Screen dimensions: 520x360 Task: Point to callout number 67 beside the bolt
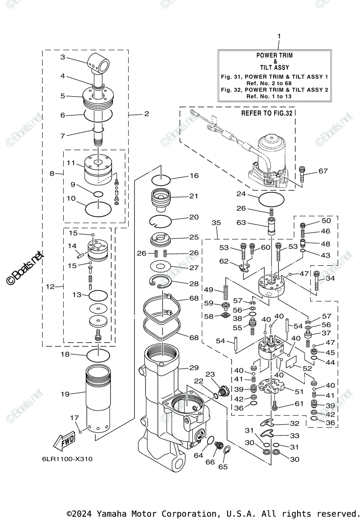tap(323, 171)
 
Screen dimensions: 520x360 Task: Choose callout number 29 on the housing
tap(194, 367)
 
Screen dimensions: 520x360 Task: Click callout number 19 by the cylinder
tap(65, 394)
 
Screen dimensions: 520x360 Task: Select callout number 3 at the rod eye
tap(63, 57)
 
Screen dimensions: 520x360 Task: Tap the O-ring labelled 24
tap(271, 200)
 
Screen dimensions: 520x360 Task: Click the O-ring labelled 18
tap(99, 355)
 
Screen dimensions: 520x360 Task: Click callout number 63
tap(241, 223)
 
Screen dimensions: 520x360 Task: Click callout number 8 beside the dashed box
tap(52, 173)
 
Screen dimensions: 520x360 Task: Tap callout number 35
tap(216, 223)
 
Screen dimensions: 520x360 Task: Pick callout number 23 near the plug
tap(210, 374)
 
